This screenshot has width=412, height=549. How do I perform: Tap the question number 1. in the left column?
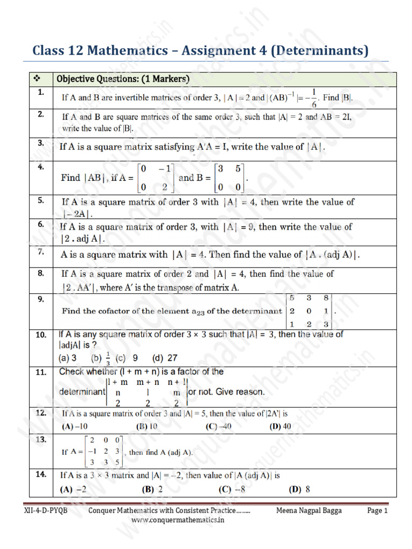(x=40, y=93)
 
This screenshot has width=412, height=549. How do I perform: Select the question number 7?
(x=40, y=252)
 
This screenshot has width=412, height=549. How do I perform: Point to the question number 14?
(x=41, y=474)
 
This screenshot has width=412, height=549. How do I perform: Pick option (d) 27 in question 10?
(x=165, y=358)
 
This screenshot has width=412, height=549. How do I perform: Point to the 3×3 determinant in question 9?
(x=310, y=311)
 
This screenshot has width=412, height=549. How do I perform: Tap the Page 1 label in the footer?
(x=377, y=511)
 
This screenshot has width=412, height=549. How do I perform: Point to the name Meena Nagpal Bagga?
(x=309, y=511)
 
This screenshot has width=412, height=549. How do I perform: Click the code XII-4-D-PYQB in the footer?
(x=48, y=511)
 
